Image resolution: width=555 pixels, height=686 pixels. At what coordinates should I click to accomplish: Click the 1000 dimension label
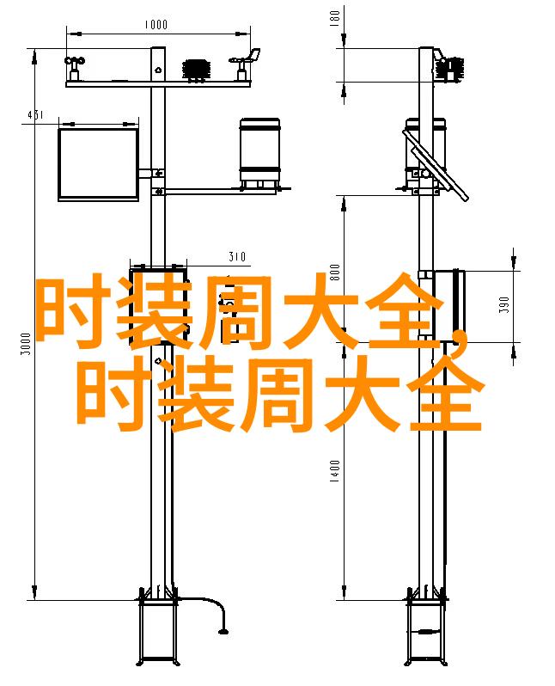click(x=156, y=24)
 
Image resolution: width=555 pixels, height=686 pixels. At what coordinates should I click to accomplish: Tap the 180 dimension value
click(x=334, y=18)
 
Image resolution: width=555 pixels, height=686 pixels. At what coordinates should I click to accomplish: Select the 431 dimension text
click(x=35, y=115)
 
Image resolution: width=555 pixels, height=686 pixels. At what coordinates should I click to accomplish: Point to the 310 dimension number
click(x=237, y=257)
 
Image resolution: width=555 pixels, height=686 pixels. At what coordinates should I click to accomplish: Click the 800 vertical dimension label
click(x=334, y=273)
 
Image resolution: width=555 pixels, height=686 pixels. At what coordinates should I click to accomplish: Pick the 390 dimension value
click(x=504, y=304)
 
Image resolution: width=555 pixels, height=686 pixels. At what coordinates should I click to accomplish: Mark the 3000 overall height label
click(x=27, y=344)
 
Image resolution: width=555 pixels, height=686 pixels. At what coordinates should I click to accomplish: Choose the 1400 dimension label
click(x=334, y=471)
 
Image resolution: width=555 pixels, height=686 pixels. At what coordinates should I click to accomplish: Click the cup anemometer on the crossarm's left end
click(x=75, y=68)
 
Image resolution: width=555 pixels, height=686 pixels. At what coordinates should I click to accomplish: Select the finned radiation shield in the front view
click(x=197, y=70)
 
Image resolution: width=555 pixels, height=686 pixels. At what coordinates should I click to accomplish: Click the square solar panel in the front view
click(x=99, y=164)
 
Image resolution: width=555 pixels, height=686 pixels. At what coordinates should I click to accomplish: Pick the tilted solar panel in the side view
click(x=436, y=165)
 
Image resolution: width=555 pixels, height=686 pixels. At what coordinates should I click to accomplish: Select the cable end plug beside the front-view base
click(x=223, y=631)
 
